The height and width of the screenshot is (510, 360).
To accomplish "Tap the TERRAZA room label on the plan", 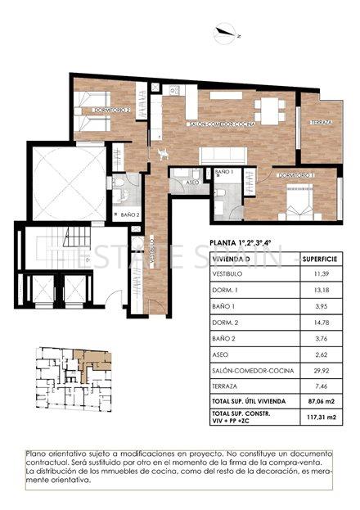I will pos(322,124).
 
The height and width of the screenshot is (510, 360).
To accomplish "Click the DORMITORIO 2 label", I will pos(112,109).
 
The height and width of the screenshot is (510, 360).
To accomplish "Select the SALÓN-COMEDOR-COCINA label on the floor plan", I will pos(222,124).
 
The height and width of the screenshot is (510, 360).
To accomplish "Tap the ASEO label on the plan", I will pos(194,182).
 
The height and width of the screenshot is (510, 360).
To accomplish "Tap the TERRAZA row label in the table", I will pos(226,385).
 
